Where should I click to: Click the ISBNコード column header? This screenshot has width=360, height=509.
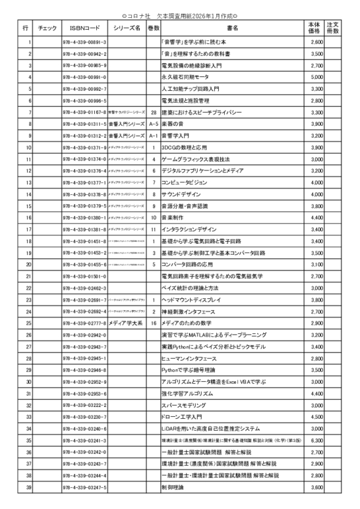coord(84,28)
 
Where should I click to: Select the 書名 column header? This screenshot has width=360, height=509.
coord(233,28)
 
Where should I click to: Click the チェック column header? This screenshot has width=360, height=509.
coord(48,28)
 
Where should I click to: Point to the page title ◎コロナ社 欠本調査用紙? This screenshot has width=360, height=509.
coord(180,15)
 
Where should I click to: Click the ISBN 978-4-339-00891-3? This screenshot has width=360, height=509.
coord(84,42)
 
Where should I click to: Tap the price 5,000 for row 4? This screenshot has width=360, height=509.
coord(316,77)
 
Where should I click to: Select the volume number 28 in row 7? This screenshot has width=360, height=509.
coord(153,112)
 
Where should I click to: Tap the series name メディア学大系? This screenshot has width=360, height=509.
coord(126,323)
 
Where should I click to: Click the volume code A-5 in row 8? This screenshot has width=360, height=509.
coord(153,124)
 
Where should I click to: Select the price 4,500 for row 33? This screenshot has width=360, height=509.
coord(316,417)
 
